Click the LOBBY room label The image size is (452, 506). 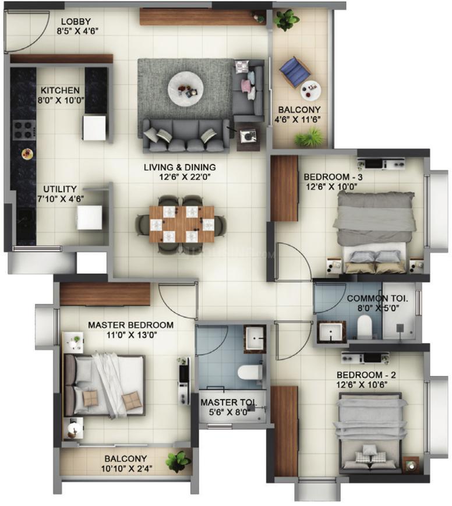pos(76,22)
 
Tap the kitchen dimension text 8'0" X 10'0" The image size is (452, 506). pos(61,100)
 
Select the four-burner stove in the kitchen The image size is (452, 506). pos(24,130)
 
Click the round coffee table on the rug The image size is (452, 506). pos(186,88)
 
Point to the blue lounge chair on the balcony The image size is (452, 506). pos(295,72)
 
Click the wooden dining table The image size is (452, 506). pos(182,224)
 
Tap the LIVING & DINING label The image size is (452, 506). pos(180,167)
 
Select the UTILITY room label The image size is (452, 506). pos(60,189)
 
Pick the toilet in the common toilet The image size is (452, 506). pos(365,327)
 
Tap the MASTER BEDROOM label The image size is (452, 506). pos(130,325)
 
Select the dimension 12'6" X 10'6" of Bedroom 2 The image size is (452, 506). pos(362,385)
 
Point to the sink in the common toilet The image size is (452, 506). pos(331,332)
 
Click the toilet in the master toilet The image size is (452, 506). pos(250,373)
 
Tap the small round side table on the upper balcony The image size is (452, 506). pos(310,90)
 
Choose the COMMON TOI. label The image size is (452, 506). pos(377,299)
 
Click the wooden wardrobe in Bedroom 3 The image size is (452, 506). pos(284,189)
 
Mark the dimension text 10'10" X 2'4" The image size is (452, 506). pos(126,469)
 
